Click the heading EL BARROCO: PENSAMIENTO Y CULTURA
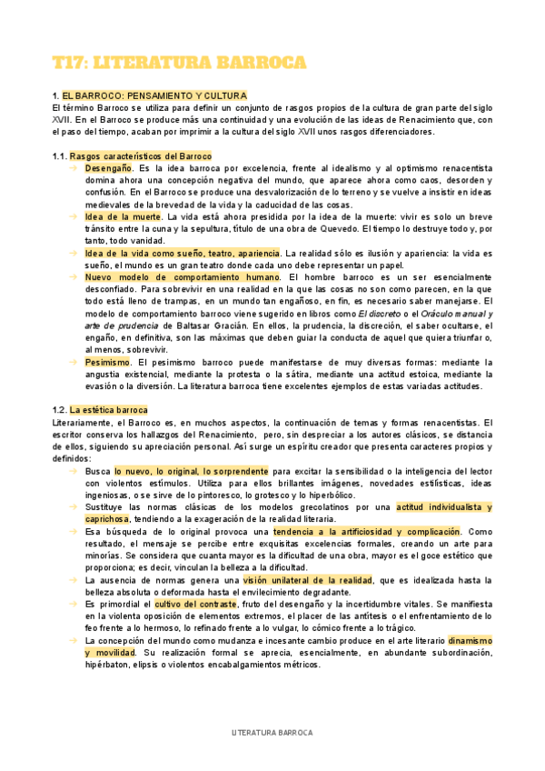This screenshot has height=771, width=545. (x=154, y=95)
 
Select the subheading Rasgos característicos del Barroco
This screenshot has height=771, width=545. (x=140, y=156)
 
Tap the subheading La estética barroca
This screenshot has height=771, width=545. (x=108, y=410)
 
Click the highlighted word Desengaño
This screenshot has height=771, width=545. (x=108, y=168)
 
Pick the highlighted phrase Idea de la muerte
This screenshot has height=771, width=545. (x=123, y=216)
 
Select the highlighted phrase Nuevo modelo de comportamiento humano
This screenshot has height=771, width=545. (x=183, y=276)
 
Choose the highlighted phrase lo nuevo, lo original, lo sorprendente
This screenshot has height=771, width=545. (x=191, y=471)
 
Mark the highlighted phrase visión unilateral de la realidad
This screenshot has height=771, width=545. (x=308, y=579)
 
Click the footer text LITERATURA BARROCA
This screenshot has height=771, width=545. (x=272, y=732)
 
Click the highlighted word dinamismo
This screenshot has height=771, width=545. (x=470, y=640)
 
